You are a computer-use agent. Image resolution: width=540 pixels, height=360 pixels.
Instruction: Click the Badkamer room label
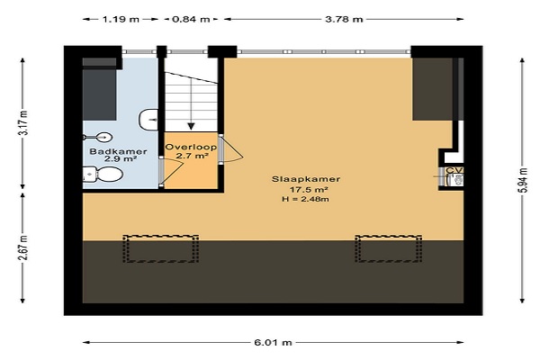coord(118,151)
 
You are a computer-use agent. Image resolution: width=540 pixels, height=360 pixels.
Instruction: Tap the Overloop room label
coord(191,147)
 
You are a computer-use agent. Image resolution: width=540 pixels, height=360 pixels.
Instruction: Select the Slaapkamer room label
coord(306,179)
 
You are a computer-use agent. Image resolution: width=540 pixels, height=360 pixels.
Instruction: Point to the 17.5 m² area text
coord(309,190)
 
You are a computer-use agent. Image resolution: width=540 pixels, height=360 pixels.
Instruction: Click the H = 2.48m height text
coord(305,199)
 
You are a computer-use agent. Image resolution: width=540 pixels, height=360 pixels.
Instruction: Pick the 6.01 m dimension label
coord(273,342)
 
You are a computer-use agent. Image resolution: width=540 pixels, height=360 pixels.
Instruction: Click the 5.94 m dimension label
coord(523,181)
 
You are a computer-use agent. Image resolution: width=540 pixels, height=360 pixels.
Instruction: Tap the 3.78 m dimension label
coord(344,19)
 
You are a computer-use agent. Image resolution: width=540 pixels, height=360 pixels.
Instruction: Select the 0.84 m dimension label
coord(191,19)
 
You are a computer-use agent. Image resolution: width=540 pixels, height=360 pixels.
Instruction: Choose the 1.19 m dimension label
coord(121,19)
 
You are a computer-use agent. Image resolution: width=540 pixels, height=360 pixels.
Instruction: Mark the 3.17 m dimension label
coord(23,123)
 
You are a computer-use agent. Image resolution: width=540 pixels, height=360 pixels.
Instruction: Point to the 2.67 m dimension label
coord(23,247)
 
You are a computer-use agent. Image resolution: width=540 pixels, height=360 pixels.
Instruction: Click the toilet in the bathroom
coord(103,175)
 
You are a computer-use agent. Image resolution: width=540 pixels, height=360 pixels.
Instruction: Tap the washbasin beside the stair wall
coord(148,120)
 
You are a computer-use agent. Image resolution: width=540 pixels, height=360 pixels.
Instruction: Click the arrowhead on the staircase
coord(191,126)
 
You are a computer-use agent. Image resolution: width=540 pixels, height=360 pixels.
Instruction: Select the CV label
coord(454,170)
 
